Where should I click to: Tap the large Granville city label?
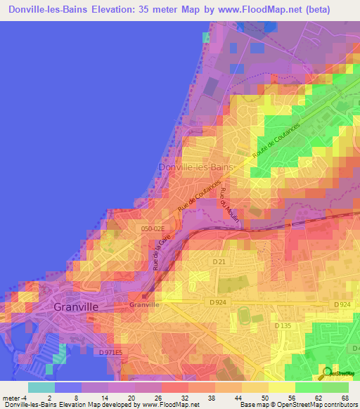tap(75, 307)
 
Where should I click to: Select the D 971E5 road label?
tap(110, 351)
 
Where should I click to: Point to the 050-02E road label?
tap(151, 228)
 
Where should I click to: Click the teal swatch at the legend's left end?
tap(41, 387)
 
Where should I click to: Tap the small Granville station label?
tap(144, 305)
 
